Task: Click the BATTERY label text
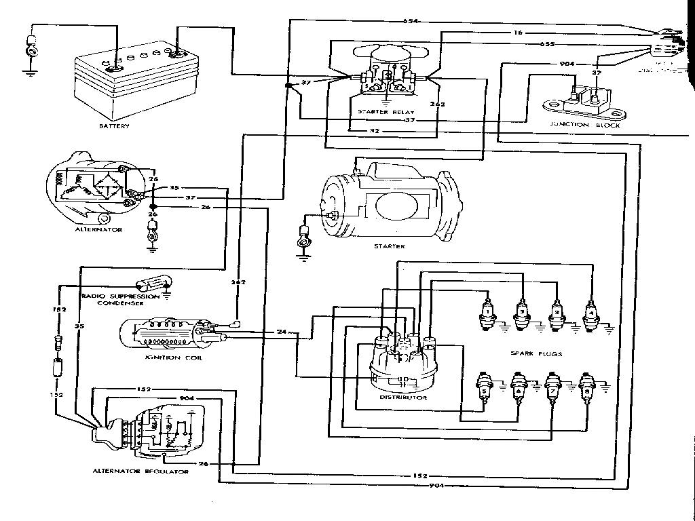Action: point(113,126)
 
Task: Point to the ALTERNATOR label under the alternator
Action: point(99,230)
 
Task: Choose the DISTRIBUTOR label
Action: point(403,397)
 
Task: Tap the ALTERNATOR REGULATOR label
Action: point(141,470)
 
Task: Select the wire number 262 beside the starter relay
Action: point(437,104)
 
